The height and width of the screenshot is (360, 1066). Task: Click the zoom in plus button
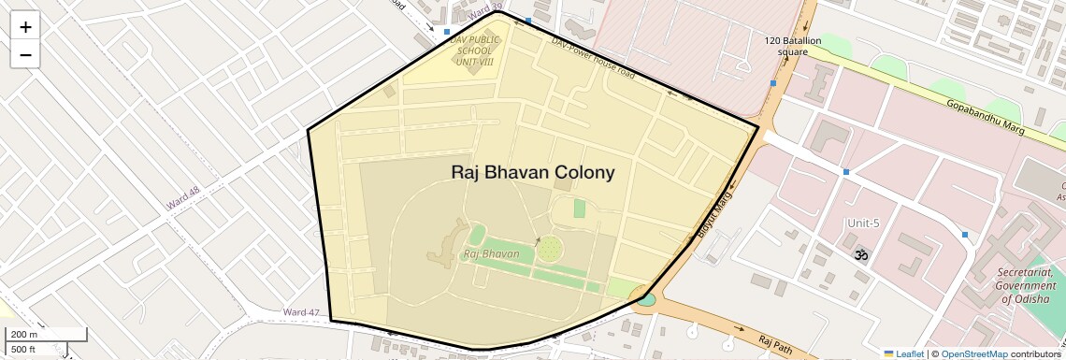25,27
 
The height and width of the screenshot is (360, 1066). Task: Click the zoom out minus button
25,55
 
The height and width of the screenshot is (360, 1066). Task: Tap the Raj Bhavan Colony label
533,172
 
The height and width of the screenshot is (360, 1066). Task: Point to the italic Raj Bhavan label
491,253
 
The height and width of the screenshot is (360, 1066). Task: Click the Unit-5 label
863,223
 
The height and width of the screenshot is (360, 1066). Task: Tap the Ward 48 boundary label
183,197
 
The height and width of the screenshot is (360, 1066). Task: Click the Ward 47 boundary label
301,312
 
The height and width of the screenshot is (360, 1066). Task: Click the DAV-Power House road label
593,58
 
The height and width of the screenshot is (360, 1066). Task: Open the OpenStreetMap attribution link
974,353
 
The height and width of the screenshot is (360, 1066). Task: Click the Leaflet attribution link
903,353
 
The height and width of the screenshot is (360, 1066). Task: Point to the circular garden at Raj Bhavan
551,248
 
